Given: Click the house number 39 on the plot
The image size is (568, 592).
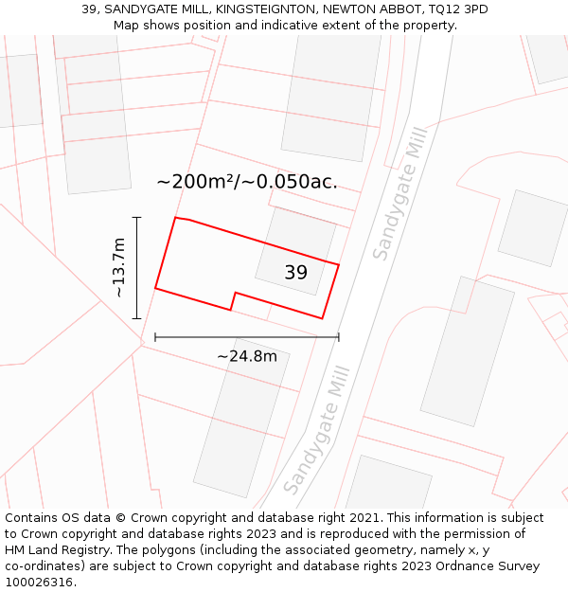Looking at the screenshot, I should coord(295,273).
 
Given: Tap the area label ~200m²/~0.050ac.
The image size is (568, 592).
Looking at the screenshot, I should coord(246,182).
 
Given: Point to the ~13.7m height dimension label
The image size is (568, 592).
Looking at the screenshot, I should coord(118,268).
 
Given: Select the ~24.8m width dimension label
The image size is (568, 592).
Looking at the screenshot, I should coord(247,356).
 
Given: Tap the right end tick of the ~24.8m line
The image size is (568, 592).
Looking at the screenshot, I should coord(338,336).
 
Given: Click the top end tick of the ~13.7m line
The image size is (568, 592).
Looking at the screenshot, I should coord(137,218).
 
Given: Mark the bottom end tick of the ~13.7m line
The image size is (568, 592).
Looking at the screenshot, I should coord(137,318).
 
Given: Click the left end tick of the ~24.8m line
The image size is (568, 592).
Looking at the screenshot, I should coord(155,336).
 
